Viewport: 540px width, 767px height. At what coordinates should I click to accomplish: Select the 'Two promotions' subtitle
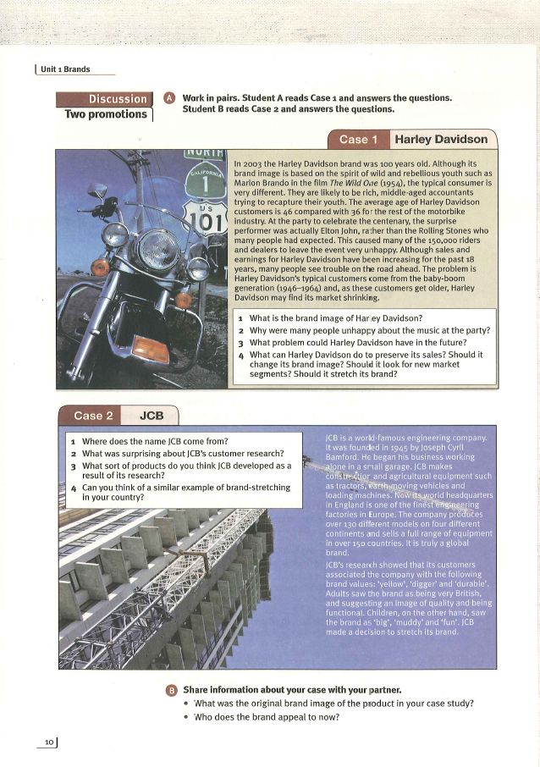click(106, 114)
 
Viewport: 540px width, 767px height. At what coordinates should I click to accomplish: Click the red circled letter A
click(169, 98)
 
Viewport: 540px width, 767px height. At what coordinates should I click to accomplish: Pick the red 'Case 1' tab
click(354, 140)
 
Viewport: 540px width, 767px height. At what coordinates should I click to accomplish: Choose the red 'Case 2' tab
click(93, 416)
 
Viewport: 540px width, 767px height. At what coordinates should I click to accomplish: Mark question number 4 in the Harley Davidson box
click(241, 355)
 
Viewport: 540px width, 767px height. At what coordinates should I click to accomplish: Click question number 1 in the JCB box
click(74, 442)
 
